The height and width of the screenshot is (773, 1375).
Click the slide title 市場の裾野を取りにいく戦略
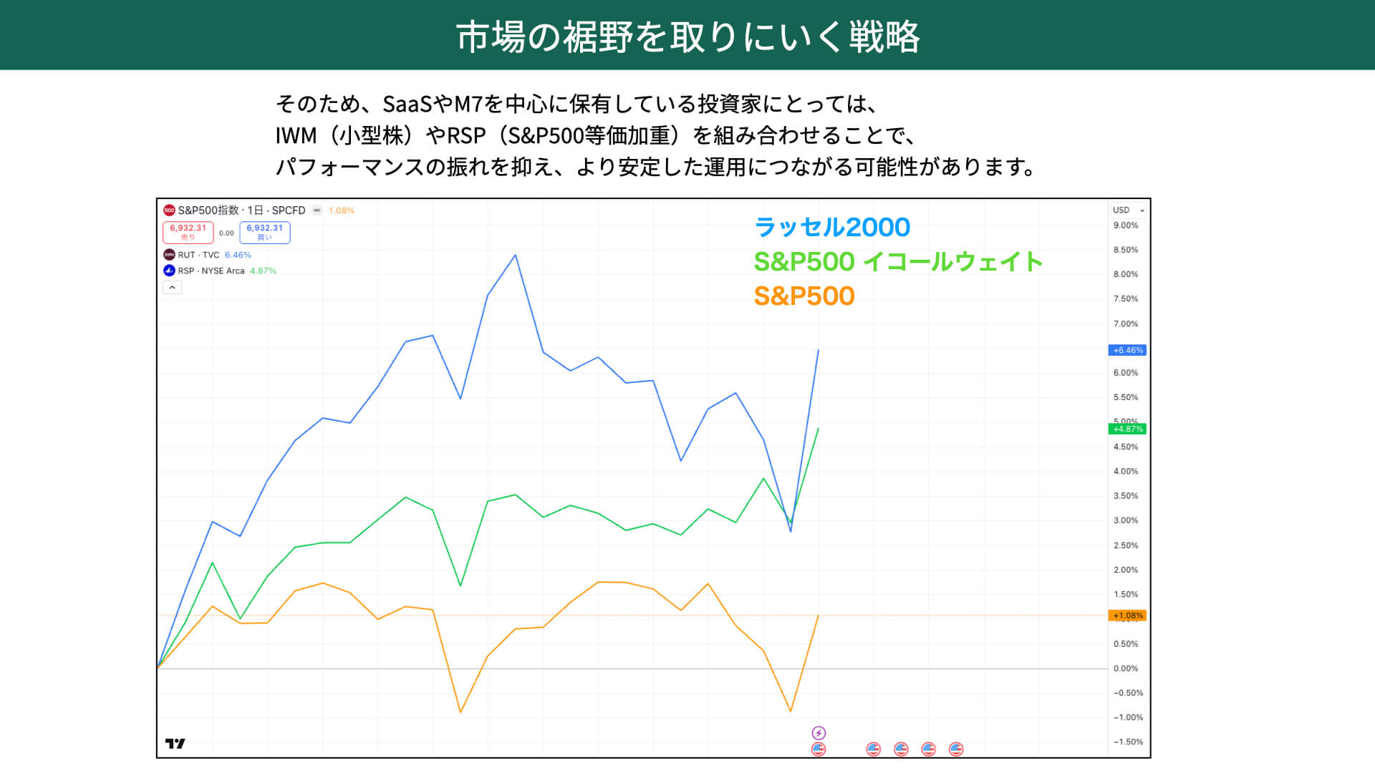tap(687, 36)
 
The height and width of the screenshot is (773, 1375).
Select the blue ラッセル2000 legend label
tap(831, 227)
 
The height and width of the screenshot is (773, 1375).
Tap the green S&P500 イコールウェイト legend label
tap(898, 261)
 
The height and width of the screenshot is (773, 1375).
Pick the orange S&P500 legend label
tap(804, 296)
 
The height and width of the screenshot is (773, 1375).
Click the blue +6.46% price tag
tap(1127, 350)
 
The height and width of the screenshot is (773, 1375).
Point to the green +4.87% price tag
tap(1127, 429)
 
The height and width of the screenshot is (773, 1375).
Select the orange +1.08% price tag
tap(1127, 616)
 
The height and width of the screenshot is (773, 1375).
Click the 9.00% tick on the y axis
tap(1125, 225)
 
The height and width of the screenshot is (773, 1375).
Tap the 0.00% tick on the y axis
tap(1125, 669)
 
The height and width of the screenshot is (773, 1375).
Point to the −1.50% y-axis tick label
tap(1127, 742)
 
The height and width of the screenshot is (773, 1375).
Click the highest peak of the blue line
tap(515, 256)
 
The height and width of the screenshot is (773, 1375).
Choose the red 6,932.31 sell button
tap(188, 232)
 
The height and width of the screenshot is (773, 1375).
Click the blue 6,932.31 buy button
tap(264, 232)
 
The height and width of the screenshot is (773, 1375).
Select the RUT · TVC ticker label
tap(198, 255)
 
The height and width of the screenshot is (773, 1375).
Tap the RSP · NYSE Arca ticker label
tap(211, 271)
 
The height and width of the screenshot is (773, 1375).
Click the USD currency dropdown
tap(1128, 210)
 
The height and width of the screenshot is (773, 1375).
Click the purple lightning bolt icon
tap(819, 733)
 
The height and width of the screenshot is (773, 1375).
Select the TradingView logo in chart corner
tap(175, 744)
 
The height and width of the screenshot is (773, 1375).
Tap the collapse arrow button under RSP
tap(172, 287)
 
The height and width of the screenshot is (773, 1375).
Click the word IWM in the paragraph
tap(296, 135)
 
